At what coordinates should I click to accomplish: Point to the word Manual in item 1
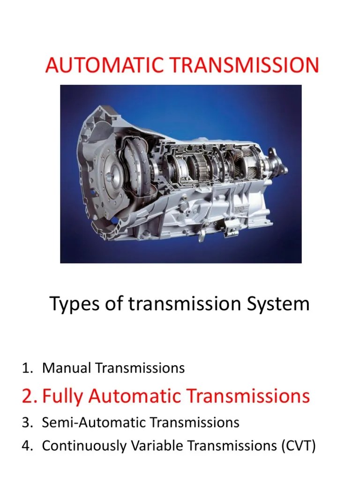pos(66,368)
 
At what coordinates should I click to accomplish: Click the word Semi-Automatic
pos(95,422)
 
